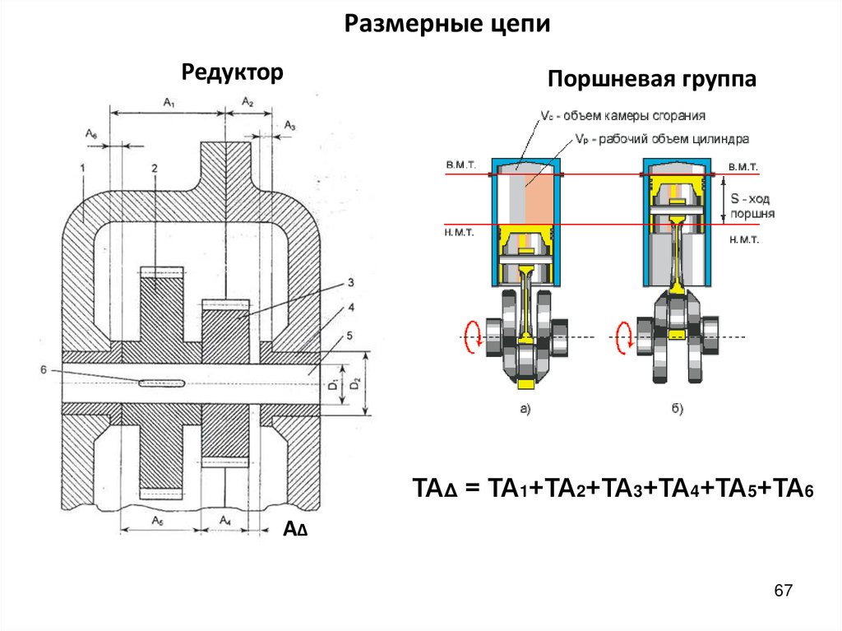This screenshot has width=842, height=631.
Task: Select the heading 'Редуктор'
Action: [x=232, y=72]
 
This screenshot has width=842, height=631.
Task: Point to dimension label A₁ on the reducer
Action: [x=169, y=103]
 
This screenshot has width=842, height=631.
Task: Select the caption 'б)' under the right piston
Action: [x=673, y=408]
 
